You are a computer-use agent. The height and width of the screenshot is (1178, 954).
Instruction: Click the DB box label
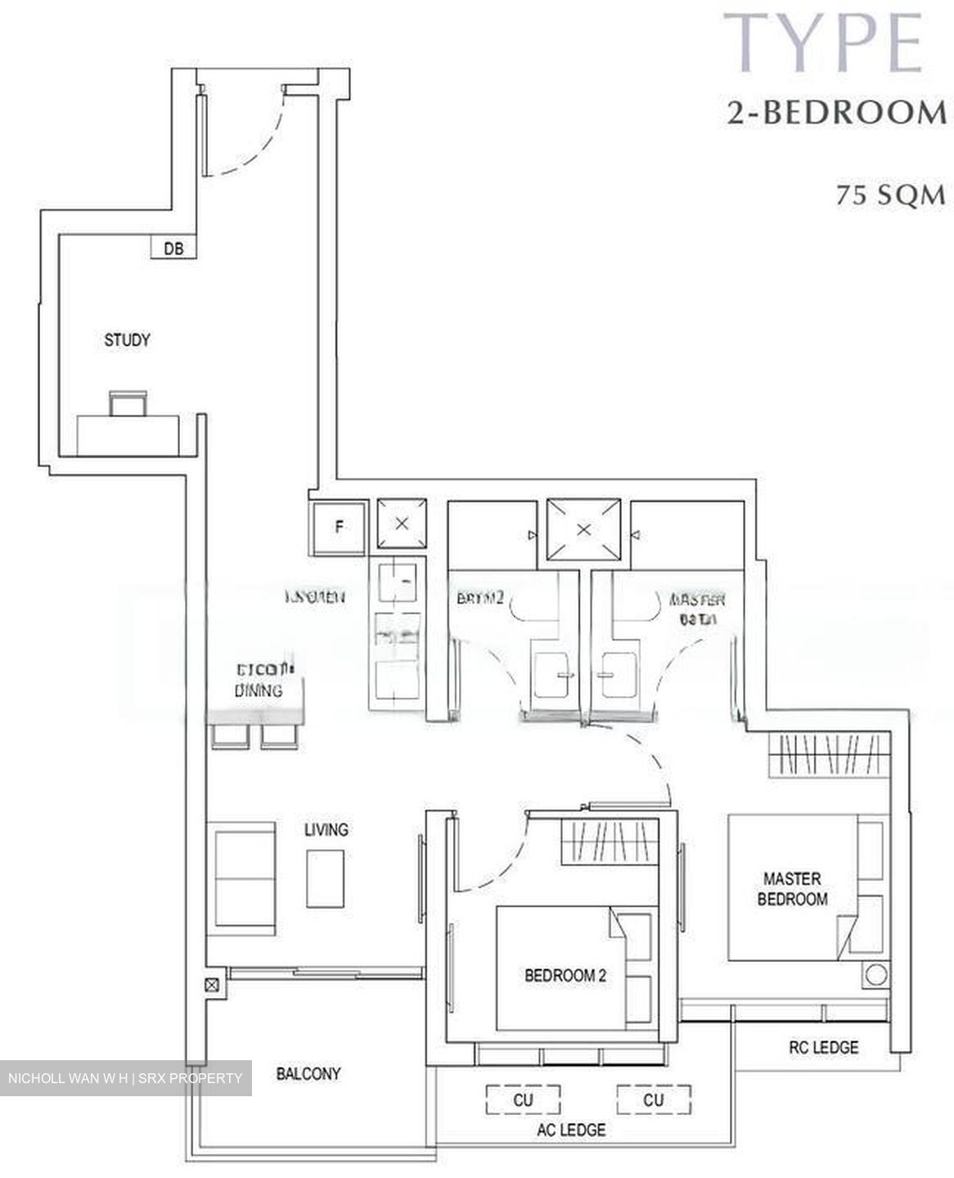(x=173, y=248)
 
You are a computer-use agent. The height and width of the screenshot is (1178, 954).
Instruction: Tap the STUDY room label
(x=127, y=339)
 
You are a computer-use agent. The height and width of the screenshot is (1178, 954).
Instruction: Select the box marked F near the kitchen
(x=339, y=527)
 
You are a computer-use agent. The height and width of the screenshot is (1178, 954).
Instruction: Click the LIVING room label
(x=326, y=830)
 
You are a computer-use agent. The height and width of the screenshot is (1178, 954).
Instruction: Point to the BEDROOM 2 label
(x=565, y=975)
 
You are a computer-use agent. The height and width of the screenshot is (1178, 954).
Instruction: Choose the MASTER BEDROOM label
(x=792, y=888)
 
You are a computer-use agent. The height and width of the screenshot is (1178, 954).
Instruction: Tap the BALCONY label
(x=308, y=1073)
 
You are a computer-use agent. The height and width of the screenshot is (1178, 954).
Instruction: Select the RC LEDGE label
(x=823, y=1046)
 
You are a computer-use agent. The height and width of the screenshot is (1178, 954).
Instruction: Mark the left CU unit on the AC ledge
(x=523, y=1099)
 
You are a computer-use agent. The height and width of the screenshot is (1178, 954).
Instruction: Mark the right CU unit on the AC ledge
(x=653, y=1099)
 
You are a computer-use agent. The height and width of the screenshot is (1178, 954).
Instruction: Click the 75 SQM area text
(x=890, y=196)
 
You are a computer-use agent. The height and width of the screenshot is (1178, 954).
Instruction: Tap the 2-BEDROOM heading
(x=836, y=113)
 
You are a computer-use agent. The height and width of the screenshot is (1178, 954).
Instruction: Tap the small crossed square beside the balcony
(x=212, y=986)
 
